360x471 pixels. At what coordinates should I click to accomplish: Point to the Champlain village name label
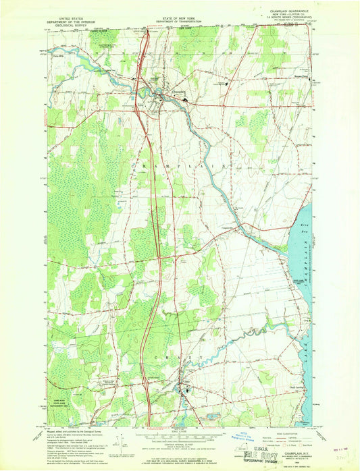178,91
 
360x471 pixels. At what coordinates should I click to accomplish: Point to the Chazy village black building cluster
181,388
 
